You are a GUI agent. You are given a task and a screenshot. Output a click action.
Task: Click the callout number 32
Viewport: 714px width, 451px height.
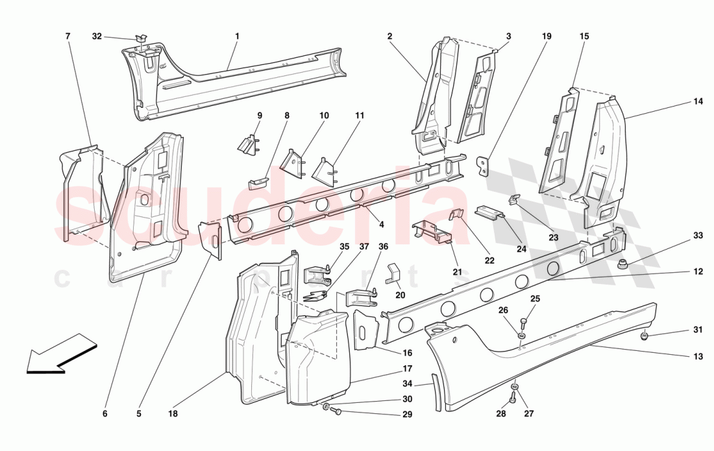97,37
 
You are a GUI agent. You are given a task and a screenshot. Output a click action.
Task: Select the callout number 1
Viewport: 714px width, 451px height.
237,36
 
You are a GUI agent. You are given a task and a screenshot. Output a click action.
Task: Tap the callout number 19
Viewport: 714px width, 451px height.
547,36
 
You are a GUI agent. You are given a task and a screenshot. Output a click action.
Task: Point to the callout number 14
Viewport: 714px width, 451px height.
698,101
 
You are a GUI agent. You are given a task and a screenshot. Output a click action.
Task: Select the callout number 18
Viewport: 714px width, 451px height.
173,413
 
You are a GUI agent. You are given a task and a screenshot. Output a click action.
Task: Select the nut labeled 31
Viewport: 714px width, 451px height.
644,336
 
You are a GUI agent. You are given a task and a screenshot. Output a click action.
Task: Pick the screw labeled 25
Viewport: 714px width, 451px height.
523,323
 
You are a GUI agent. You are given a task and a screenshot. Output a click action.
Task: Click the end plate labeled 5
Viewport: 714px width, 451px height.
210,238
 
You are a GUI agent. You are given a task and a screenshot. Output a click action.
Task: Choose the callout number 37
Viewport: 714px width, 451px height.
364,247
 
